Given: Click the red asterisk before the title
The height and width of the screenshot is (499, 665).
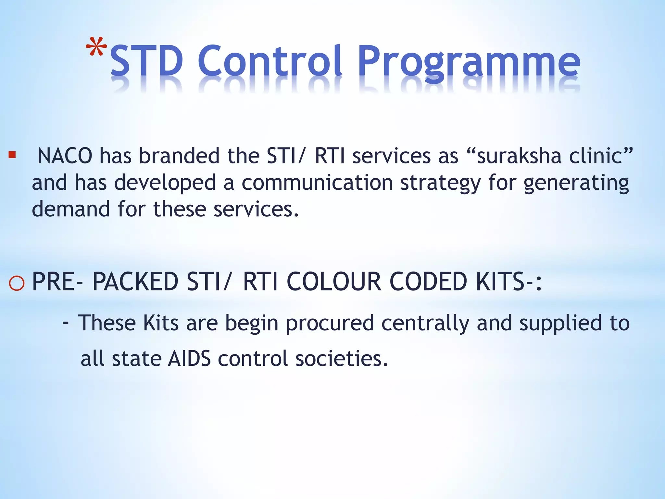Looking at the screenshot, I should (96, 47).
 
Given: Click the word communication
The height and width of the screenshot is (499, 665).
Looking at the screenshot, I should (317, 183).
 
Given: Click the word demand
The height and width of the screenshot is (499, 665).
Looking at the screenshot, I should (71, 209).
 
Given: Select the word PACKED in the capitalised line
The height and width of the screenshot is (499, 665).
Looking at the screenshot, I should (135, 281).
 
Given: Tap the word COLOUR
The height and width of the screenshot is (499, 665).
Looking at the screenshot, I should (334, 281).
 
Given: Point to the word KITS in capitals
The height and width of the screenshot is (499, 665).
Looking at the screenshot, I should (500, 281).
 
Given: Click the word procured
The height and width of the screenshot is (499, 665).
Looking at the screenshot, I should (330, 324).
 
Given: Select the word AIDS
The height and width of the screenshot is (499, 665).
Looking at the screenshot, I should (189, 359).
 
